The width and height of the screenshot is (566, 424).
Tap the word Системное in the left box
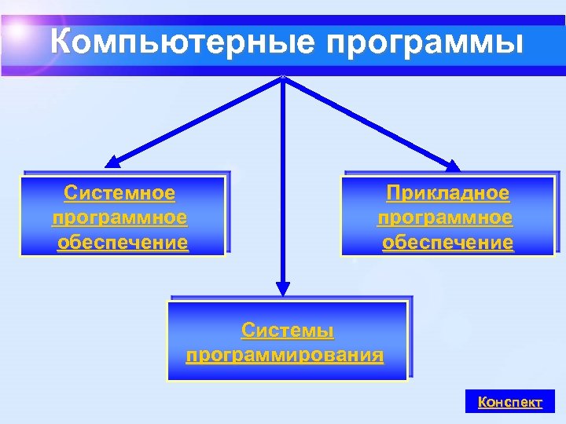tap(119, 193)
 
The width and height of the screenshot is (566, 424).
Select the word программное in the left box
tap(119, 217)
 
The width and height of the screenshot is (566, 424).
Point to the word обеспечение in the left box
tap(123, 243)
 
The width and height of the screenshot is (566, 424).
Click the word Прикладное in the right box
tap(447, 193)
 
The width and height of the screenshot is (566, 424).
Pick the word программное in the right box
tap(445, 217)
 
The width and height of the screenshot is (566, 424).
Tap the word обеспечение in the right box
tap(447, 243)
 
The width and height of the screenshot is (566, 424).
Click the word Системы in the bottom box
tap(288, 330)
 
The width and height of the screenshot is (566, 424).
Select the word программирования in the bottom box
tap(285, 355)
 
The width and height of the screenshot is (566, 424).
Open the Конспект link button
tap(510, 402)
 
